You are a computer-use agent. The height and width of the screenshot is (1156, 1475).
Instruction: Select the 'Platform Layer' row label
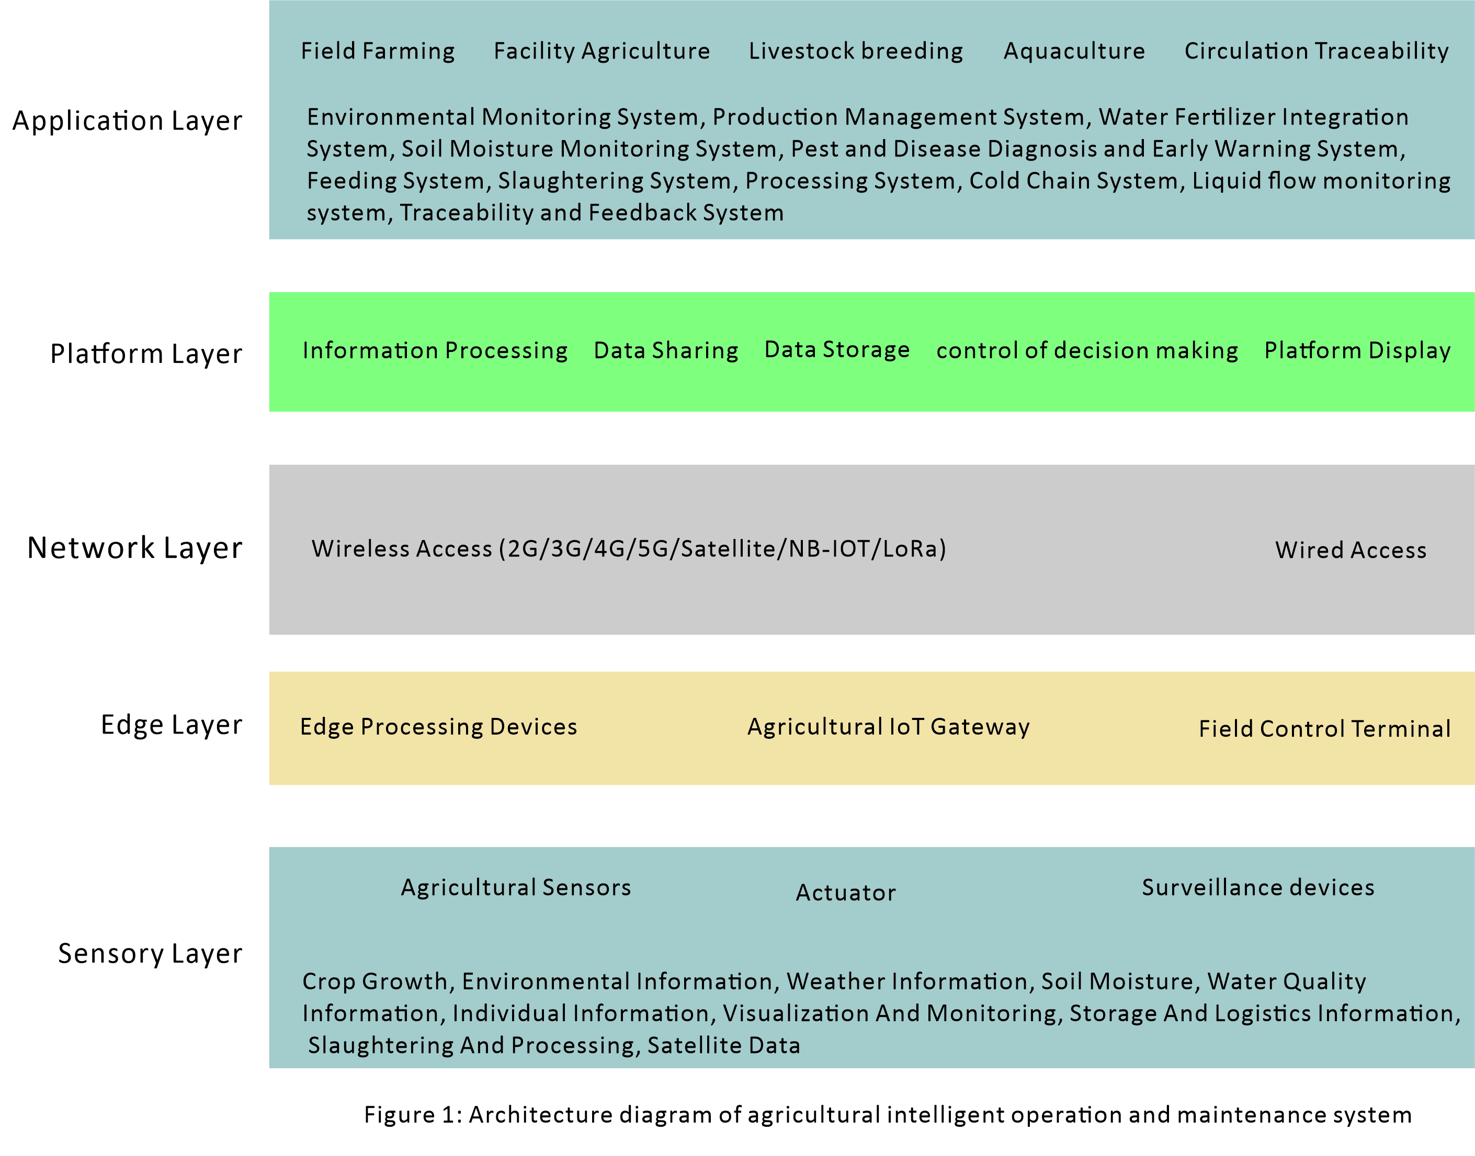point(146,354)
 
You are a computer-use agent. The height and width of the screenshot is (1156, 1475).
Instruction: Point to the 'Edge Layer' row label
point(171,725)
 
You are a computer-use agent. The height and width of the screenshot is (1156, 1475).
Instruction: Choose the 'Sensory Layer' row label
point(150,954)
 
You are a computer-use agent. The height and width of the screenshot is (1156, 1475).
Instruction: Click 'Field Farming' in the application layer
point(378,51)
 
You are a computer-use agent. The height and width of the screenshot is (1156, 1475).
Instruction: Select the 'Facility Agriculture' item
point(602,51)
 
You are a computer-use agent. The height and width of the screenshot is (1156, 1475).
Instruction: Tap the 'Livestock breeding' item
point(856,51)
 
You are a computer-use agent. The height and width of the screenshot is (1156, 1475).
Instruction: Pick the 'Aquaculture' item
point(1074,51)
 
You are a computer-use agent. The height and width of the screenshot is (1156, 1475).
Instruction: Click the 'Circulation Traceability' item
point(1317,51)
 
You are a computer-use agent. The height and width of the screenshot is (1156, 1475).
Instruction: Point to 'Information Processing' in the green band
point(435,351)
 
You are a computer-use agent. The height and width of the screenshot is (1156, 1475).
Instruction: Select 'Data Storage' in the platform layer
point(837,350)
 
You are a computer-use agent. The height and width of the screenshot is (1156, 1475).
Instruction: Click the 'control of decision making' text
point(1087,351)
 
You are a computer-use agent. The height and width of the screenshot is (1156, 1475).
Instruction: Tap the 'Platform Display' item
point(1358,351)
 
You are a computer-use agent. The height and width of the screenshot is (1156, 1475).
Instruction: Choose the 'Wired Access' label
point(1351,550)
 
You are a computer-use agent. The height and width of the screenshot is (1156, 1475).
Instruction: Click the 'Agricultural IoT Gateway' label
point(889,727)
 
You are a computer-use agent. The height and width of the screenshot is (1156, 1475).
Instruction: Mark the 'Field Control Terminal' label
point(1325,729)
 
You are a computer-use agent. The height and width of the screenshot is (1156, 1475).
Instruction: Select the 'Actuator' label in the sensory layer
point(846,892)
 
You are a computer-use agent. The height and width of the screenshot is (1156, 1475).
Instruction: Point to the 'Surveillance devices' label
point(1258,887)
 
